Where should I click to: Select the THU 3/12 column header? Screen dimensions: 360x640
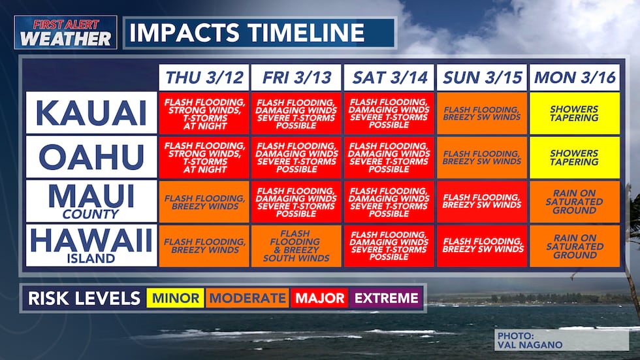click(x=204, y=77)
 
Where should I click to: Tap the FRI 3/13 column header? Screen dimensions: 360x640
click(x=296, y=77)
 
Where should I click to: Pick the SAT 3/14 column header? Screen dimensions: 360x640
click(x=389, y=77)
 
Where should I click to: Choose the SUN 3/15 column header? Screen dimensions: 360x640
click(x=482, y=77)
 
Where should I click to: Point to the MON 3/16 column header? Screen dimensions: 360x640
click(x=575, y=77)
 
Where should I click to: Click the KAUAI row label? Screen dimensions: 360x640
click(x=91, y=112)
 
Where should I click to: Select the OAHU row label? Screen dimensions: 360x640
click(x=91, y=157)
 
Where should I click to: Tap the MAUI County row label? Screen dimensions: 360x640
click(x=91, y=201)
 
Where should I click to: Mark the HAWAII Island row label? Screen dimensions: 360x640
click(x=91, y=246)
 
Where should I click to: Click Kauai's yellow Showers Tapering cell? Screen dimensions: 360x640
click(x=575, y=112)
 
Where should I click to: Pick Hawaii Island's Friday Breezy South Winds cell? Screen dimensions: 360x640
click(x=296, y=246)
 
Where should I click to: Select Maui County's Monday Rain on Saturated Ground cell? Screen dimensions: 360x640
click(x=575, y=201)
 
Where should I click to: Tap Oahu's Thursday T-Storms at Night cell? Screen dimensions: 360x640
click(x=204, y=157)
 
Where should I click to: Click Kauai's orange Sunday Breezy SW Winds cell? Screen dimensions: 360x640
click(x=482, y=112)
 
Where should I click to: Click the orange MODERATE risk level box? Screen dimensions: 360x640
click(x=247, y=299)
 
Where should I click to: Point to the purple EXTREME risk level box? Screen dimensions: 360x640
click(x=386, y=299)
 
